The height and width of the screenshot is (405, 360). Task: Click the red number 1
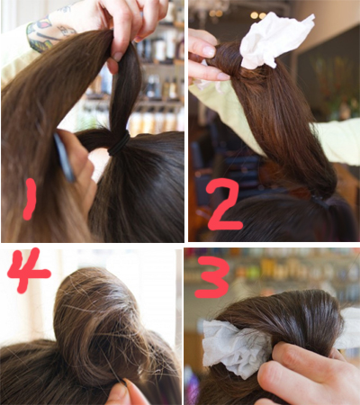30,199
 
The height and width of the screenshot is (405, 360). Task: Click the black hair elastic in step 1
119,144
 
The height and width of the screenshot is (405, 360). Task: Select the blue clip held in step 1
64,158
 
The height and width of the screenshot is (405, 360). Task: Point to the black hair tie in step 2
319,201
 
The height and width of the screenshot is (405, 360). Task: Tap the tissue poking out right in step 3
349,328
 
